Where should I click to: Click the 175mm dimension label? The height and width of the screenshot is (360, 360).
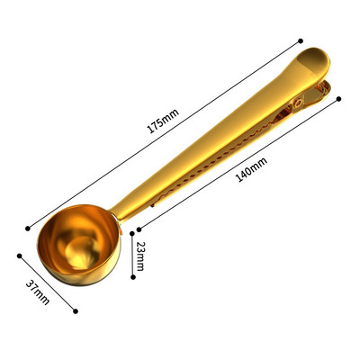coord(163,121)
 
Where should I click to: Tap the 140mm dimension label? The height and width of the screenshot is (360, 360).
coord(252,170)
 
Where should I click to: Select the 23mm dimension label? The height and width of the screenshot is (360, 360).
coord(139,256)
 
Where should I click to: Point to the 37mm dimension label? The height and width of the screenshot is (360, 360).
coord(38,292)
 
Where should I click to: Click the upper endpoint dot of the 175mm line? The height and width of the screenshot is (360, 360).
coord(301,40)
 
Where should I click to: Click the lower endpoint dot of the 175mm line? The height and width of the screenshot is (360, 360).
coord(28,229)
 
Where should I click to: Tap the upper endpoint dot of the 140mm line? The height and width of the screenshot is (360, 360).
coord(339,99)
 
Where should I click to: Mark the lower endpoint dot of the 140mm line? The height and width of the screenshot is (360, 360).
coord(139,229)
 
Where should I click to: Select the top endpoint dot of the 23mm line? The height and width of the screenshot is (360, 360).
coord(132,233)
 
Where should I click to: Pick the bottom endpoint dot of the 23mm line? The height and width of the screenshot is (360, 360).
coord(133,277)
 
